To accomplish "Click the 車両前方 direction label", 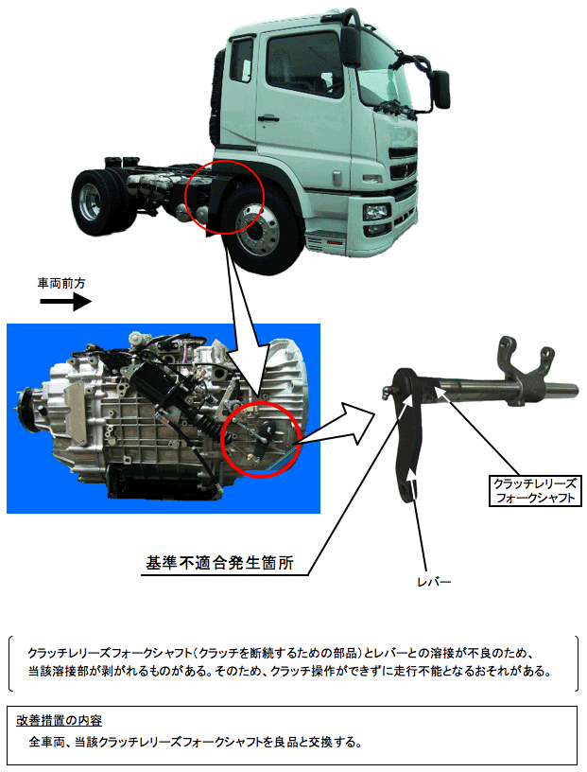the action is [61, 283].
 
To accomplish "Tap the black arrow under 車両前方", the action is [65, 301].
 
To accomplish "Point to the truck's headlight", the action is [376, 212].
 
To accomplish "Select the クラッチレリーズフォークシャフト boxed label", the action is [535, 490].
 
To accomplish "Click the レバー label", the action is [434, 582].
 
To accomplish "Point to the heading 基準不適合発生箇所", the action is [219, 562].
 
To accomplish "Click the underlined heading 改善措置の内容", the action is [59, 720].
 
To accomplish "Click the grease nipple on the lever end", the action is [388, 393].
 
